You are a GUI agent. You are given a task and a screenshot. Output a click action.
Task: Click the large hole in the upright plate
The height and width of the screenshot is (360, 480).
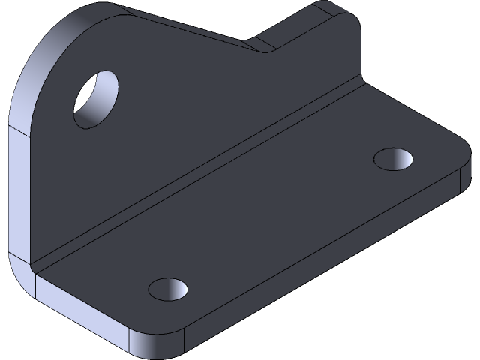pyautogui.click(x=96, y=99)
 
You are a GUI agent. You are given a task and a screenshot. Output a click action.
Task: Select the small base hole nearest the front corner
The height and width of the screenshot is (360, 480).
pyautogui.click(x=169, y=288)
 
